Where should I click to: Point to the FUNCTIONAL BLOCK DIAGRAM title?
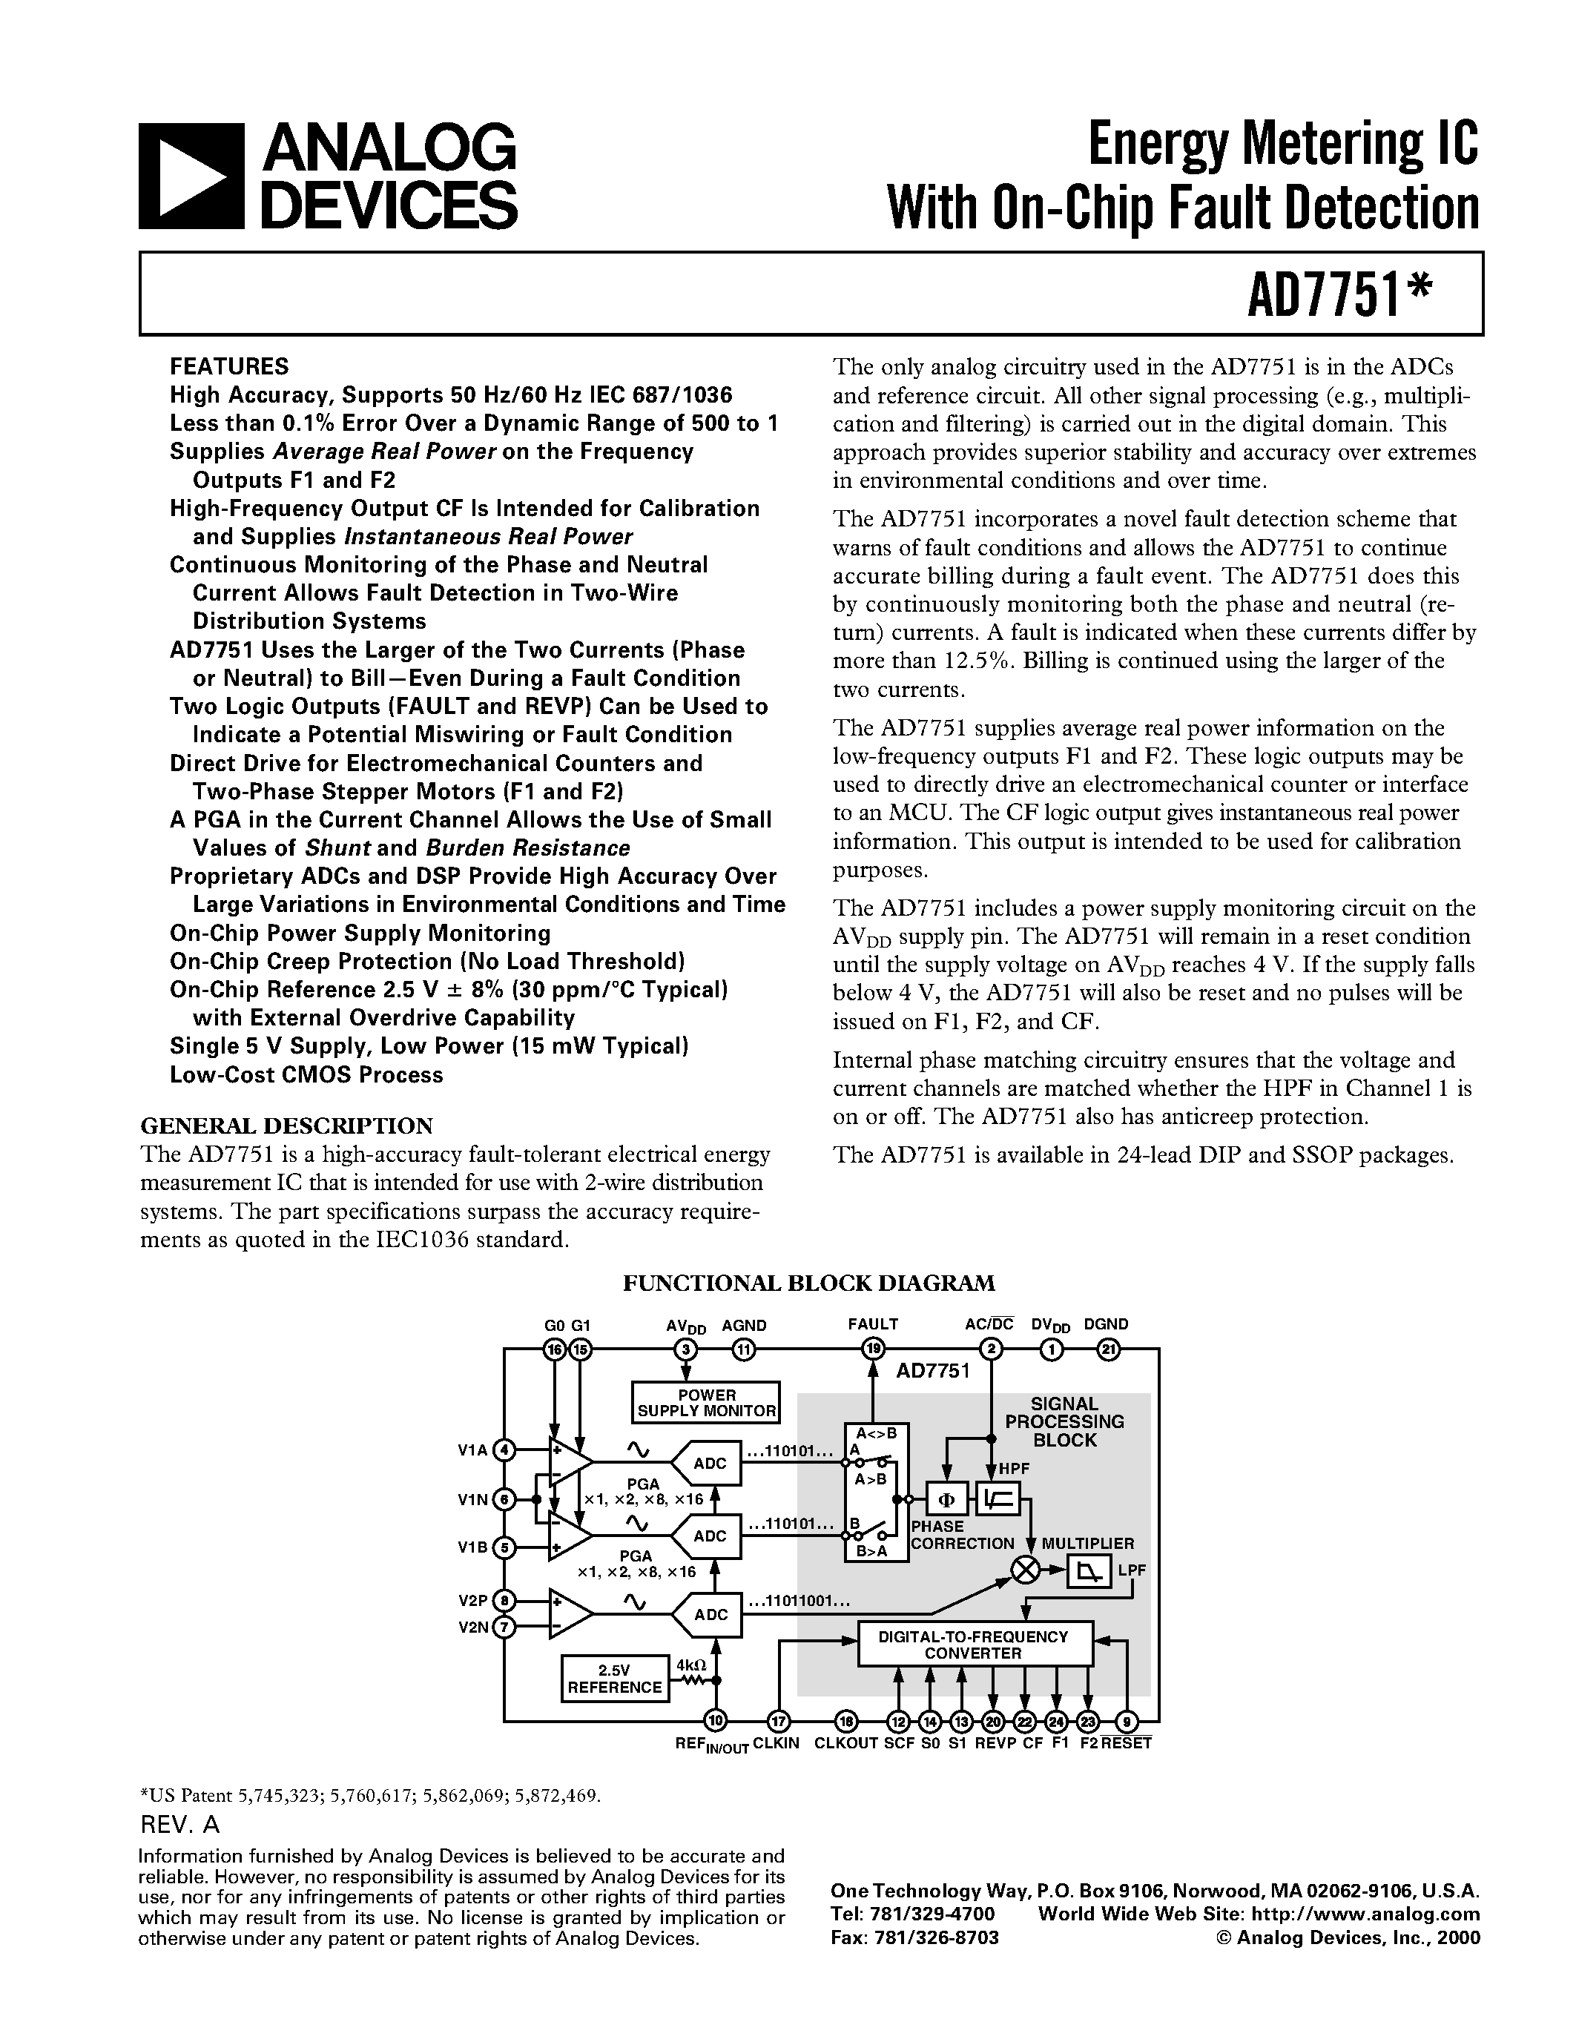808,1283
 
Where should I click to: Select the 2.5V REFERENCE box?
614,1679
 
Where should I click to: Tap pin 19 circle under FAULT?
873,1349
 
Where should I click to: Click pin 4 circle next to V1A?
504,1450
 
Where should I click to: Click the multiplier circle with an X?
1026,1570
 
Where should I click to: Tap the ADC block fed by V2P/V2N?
708,1614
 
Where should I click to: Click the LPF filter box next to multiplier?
1088,1573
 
